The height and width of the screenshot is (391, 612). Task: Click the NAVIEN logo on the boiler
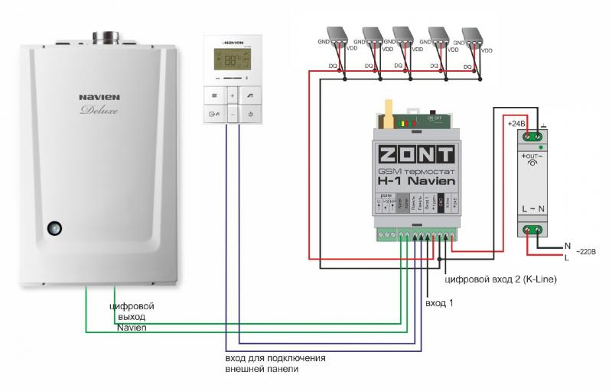[x=99, y=98]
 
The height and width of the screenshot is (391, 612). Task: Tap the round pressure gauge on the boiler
[x=54, y=228]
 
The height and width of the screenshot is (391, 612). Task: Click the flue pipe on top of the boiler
[x=104, y=37]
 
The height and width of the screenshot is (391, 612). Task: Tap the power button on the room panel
[x=250, y=115]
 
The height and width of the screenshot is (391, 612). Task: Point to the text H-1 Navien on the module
[x=417, y=182]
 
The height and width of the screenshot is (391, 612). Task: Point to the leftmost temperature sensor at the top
[x=339, y=36]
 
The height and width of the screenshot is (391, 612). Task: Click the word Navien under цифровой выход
[x=132, y=327]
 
